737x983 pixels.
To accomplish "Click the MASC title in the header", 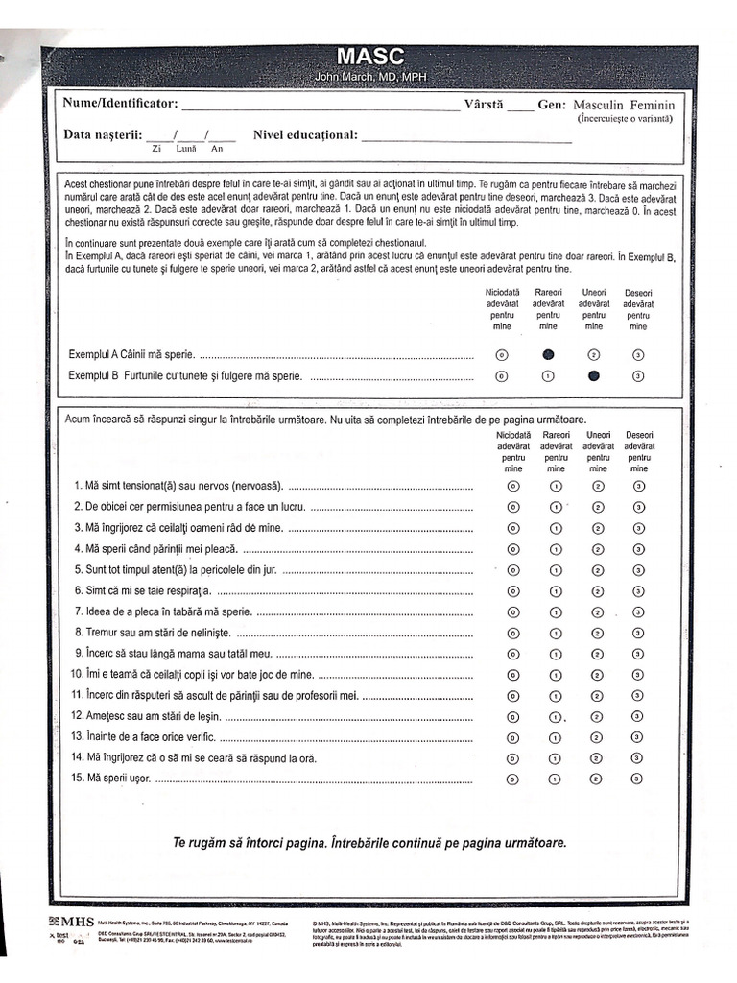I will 369,57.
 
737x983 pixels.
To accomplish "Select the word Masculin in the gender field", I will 599,105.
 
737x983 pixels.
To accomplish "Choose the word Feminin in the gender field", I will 653,105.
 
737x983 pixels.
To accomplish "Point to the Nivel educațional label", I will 305,135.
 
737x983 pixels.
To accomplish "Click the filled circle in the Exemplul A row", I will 548,354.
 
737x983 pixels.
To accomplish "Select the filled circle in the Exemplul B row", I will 594,375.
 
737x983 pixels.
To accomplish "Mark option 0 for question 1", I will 512,486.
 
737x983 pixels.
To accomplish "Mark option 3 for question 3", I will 639,528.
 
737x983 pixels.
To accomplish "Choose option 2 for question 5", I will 598,570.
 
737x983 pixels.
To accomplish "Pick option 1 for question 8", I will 556,633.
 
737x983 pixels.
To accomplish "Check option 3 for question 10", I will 639,675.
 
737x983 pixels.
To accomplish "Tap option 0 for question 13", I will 512,737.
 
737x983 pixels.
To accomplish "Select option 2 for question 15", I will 598,779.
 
